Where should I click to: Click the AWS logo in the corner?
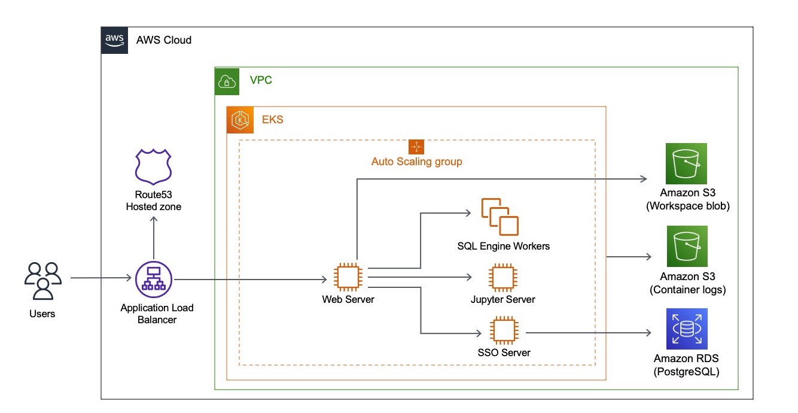(114, 40)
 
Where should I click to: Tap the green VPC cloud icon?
(227, 81)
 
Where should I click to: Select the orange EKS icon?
(240, 120)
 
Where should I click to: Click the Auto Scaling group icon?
(416, 147)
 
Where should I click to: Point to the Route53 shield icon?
(154, 166)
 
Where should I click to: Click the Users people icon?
(42, 280)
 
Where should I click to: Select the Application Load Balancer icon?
(154, 279)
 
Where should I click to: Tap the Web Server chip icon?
(348, 277)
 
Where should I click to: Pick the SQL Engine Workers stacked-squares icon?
(499, 216)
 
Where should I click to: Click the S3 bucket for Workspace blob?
(687, 163)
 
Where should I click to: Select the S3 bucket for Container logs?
(687, 246)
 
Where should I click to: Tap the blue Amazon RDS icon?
(687, 329)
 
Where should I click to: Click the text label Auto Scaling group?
(416, 162)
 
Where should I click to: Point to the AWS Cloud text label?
(164, 41)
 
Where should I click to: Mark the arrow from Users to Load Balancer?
(100, 278)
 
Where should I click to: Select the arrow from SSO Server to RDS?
(586, 332)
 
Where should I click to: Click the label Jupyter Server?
(502, 299)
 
